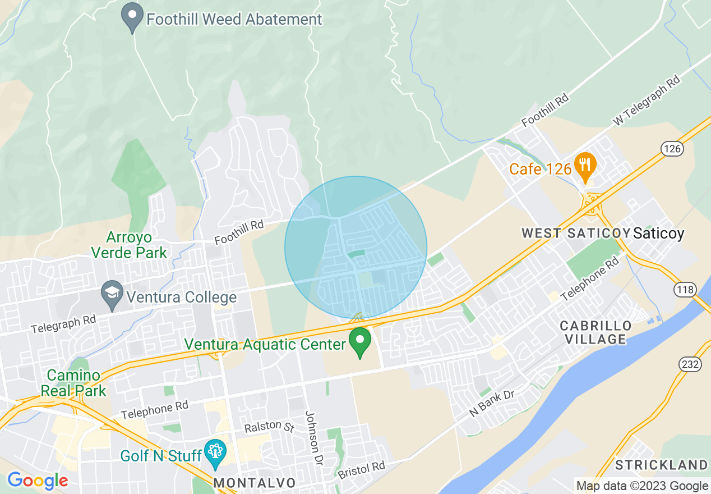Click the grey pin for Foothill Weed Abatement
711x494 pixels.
132,17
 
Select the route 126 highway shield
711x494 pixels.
671,149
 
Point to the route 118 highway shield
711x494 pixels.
684,290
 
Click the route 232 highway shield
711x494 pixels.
690,364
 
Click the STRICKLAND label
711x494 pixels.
661,465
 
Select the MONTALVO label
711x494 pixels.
255,483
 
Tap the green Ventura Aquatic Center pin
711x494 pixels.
360,341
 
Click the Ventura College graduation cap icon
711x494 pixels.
112,295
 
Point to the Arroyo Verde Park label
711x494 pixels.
130,245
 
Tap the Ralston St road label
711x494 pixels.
269,427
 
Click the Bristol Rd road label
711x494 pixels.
361,470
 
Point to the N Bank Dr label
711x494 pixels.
492,403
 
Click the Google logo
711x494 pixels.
37,481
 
